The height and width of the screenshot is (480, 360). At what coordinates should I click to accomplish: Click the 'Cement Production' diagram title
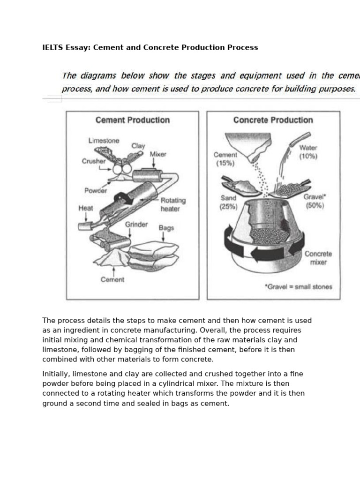coord(132,120)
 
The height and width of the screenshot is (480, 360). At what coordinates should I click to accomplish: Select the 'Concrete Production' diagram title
coord(273,120)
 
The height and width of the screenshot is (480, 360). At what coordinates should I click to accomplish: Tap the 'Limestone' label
coord(104,141)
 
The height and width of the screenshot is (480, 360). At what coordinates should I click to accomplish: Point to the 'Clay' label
coord(138,146)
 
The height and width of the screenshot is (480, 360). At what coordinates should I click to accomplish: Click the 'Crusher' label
coord(94,161)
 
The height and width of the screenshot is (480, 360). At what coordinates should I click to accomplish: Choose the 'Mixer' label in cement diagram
coord(158,154)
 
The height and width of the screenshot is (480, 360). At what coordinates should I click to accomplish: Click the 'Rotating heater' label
coord(173,204)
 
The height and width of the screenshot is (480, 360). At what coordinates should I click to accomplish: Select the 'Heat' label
coord(86,208)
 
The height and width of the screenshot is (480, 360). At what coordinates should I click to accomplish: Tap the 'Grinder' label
coord(136,225)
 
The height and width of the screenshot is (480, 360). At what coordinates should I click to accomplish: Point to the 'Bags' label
coord(166,228)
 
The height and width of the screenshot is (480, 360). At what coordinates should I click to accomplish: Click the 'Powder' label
coord(96,190)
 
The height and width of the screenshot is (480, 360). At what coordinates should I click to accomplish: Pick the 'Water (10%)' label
coord(308,152)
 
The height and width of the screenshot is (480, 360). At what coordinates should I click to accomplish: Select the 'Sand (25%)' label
coord(229,202)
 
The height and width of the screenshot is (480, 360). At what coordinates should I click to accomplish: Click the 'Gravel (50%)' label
coord(314,201)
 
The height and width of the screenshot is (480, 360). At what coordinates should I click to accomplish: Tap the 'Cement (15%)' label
coord(225,159)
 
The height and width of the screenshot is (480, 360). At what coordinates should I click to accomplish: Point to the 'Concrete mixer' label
coord(318,258)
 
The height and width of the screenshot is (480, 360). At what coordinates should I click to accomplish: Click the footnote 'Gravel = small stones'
coord(298,286)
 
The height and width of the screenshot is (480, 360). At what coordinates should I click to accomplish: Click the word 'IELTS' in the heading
coord(52,47)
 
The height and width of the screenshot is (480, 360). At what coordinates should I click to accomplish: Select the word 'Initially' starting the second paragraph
coord(56,374)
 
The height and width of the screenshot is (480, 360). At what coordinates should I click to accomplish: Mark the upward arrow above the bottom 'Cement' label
coord(113,271)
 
